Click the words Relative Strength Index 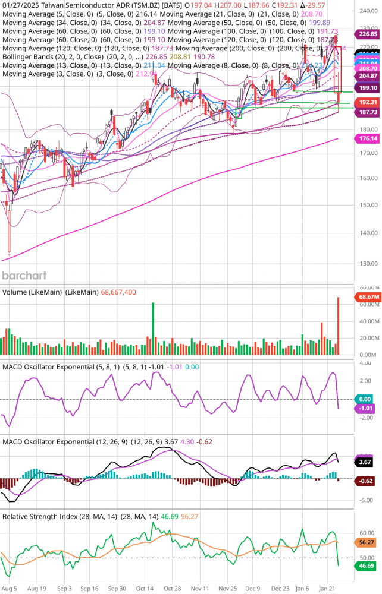coord(40,516)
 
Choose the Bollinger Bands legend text coord(30,57)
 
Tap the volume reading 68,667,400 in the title coord(118,292)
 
